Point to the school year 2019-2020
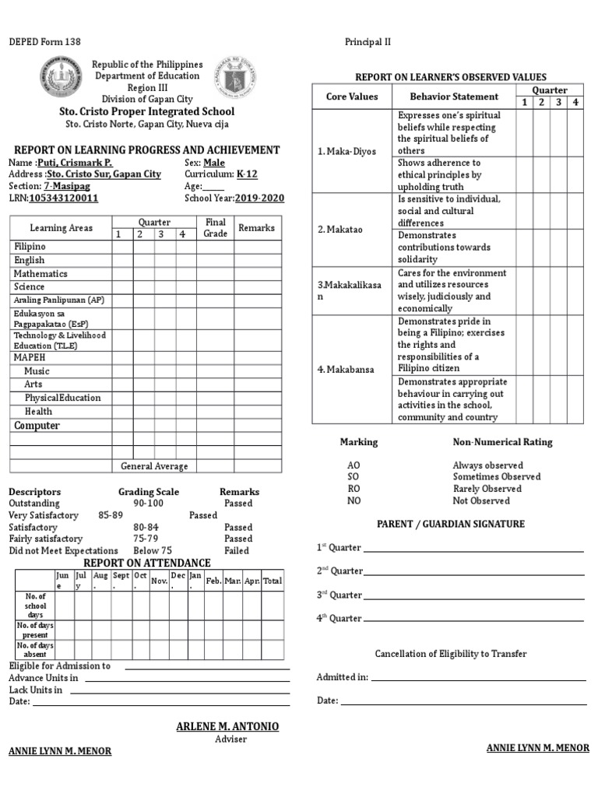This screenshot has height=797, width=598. (259, 198)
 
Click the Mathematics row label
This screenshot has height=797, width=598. (40, 274)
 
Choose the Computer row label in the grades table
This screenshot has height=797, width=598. (37, 426)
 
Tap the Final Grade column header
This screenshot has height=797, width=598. (215, 228)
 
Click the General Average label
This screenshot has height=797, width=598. (154, 466)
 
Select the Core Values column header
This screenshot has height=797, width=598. (352, 97)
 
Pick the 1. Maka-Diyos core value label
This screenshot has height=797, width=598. (346, 151)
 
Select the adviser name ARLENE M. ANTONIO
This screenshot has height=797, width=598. (227, 726)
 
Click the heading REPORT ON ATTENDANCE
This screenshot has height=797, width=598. (147, 563)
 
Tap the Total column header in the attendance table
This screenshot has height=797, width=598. (273, 581)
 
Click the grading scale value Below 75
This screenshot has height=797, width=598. (153, 550)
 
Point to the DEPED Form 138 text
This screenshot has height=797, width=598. (44, 41)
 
